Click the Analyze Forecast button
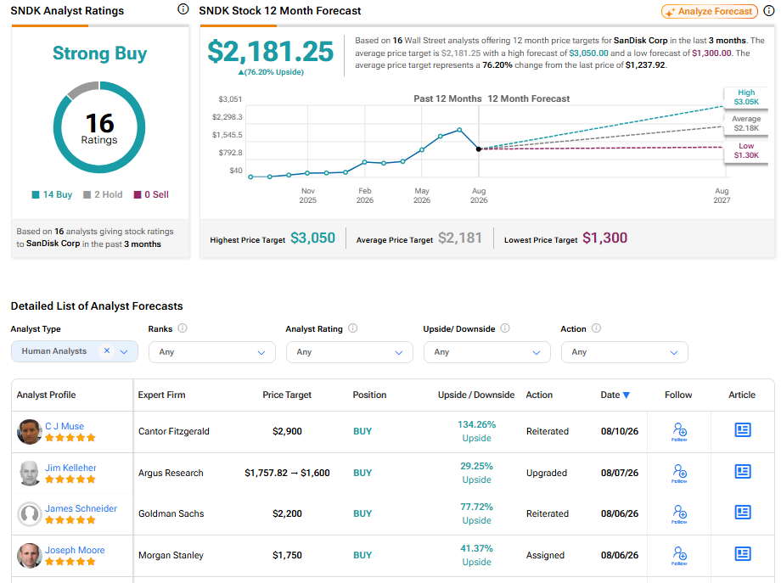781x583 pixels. pos(710,11)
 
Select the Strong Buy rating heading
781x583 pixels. pos(99,53)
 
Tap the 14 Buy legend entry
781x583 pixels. pos(53,194)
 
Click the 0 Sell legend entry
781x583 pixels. pos(151,194)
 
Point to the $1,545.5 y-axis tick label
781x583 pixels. pos(228,135)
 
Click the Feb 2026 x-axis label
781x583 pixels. pos(364,195)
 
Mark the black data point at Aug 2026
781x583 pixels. pos(479,149)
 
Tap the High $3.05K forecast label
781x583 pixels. pos(746,97)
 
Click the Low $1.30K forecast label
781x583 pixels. pos(746,150)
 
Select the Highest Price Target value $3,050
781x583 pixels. pos(312,238)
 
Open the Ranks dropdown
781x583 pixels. pos(211,352)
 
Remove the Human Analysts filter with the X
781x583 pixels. pos(107,351)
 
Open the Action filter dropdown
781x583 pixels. pos(624,352)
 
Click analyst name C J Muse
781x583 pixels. pos(65,426)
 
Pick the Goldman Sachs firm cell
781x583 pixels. pos(171,513)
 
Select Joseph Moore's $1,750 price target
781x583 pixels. pos(287,555)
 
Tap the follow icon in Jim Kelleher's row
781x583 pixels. pos(679,473)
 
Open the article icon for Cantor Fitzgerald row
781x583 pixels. pos(743,430)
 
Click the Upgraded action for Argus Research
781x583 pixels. pos(547,473)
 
